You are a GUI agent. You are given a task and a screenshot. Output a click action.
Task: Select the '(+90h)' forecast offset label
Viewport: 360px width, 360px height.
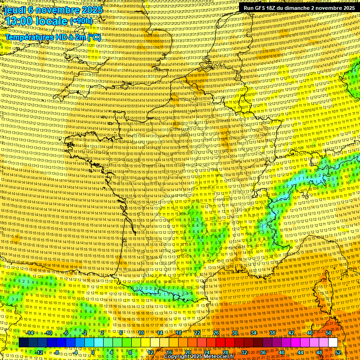81,21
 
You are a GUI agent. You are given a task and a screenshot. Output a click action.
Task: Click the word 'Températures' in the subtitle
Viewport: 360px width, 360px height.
28,37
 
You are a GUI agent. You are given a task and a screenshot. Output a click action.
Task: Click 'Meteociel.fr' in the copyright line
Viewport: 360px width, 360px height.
219,357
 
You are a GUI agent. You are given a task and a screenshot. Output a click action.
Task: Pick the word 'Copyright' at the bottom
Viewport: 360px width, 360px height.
177,357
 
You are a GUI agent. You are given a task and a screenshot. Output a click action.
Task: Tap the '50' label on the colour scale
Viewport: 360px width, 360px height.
328,333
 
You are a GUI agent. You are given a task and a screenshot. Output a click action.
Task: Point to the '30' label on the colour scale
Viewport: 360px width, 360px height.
234,333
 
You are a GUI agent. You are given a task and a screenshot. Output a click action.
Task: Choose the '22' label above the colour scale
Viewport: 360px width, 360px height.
197,333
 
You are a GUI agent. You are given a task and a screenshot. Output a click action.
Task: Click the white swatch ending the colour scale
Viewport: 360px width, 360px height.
333,343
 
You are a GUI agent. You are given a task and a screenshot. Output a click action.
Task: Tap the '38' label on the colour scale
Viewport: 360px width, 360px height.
272,333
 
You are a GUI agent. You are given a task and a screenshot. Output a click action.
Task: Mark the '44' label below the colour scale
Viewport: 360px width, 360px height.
300,352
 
